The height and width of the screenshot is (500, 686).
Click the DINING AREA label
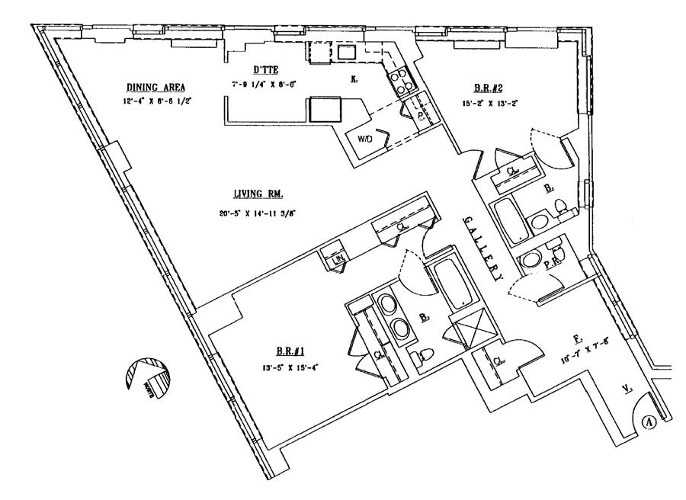coord(155,87)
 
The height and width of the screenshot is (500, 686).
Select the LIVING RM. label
coord(255,194)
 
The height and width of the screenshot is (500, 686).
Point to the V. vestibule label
coord(626,389)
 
